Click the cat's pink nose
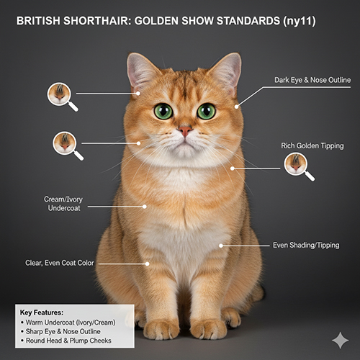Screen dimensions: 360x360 [185, 131]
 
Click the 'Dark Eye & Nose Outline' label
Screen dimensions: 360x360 [312, 80]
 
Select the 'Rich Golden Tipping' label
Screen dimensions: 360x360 [312, 145]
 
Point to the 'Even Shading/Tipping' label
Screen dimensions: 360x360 [306, 245]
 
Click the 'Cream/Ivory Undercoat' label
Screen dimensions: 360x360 [63, 204]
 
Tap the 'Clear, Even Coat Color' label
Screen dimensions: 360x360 [60, 263]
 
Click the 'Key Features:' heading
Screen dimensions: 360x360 [42, 312]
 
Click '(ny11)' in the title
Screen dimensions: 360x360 [300, 21]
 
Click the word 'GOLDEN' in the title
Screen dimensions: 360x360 [156, 21]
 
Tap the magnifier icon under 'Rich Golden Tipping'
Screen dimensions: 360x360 [299, 167]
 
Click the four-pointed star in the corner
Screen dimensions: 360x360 [341, 341]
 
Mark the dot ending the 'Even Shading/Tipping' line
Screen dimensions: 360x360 [221, 246]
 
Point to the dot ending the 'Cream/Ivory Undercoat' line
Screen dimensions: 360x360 [145, 207]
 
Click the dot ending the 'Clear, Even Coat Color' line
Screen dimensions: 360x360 [148, 264]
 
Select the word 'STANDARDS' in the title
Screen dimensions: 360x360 [248, 21]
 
